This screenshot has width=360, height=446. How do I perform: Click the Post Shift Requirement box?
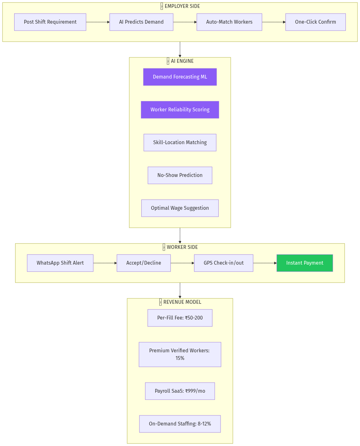click(x=50, y=22)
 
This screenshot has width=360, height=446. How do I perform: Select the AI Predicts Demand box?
click(x=141, y=22)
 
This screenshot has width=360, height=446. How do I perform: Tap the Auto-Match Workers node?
click(x=229, y=22)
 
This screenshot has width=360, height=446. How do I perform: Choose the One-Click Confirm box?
click(x=316, y=22)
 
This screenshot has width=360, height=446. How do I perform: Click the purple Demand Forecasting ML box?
click(x=180, y=77)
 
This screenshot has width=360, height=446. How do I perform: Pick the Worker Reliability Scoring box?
click(x=180, y=110)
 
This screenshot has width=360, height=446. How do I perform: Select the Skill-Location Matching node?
click(x=180, y=143)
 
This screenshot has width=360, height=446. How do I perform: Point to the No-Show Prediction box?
click(x=180, y=175)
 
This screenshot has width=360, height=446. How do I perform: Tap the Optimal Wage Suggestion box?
click(x=180, y=208)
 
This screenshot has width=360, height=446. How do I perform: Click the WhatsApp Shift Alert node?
click(x=60, y=263)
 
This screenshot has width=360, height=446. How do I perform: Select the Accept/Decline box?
click(x=144, y=263)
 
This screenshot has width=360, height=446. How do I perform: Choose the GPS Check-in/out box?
click(x=224, y=263)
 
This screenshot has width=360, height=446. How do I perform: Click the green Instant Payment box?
click(x=305, y=263)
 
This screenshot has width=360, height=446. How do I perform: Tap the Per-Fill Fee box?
click(x=180, y=318)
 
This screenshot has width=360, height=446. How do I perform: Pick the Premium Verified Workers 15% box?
click(x=180, y=355)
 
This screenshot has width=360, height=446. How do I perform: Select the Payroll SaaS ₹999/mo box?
click(x=180, y=391)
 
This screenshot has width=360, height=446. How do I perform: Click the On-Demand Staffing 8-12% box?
click(x=180, y=424)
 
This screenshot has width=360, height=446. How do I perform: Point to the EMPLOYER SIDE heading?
click(x=182, y=6)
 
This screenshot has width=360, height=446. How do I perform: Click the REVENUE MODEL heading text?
click(x=182, y=302)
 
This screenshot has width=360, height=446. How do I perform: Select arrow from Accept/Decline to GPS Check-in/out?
click(x=182, y=263)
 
